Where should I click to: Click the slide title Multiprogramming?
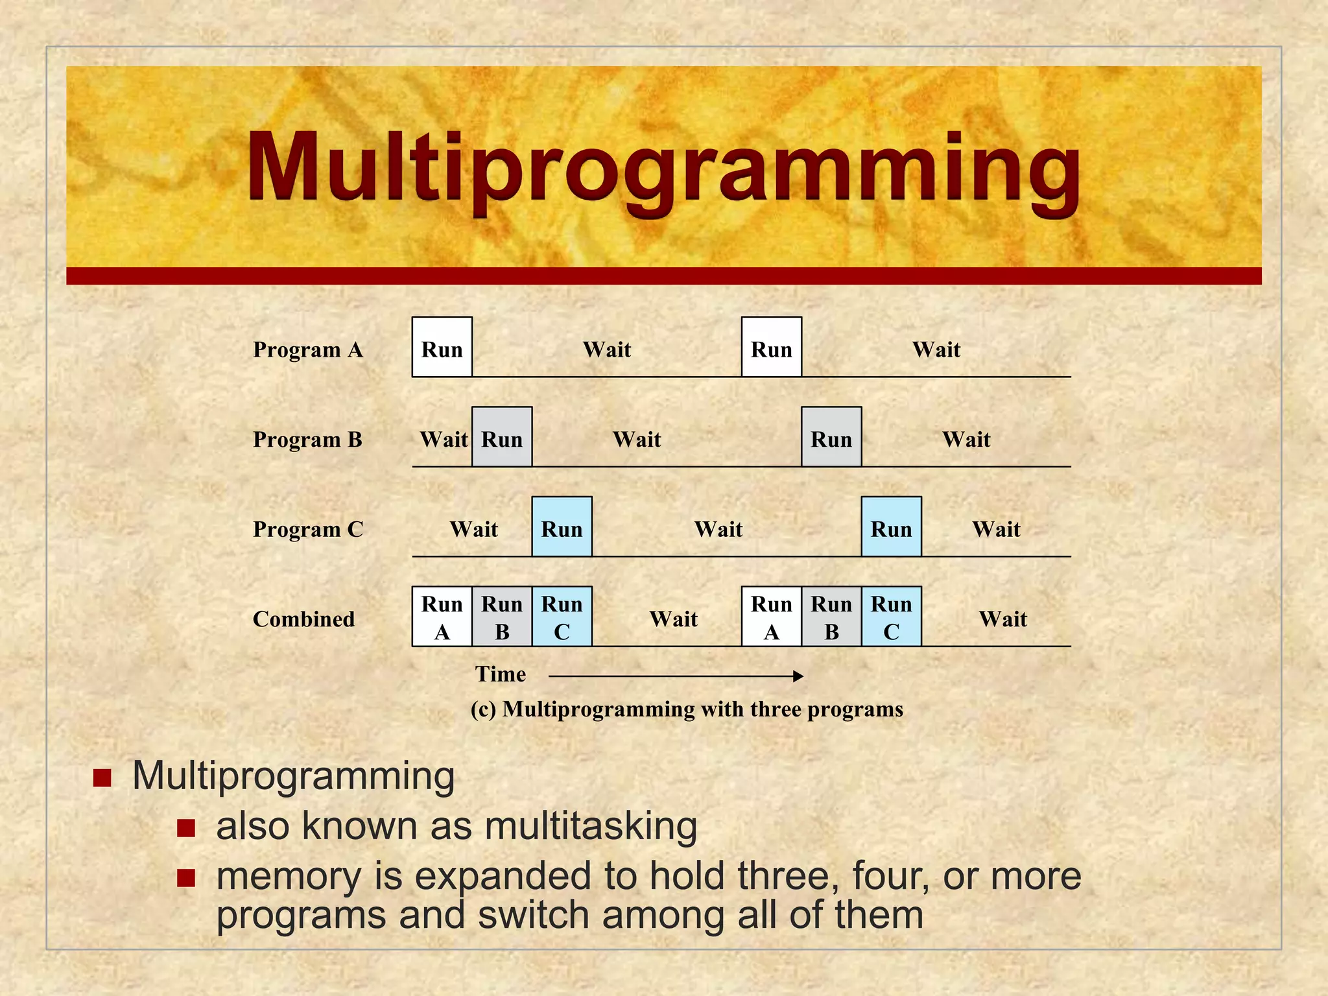point(663,170)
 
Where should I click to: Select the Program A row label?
point(307,350)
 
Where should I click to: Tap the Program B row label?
point(307,440)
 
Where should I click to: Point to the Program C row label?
point(307,530)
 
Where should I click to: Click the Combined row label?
point(303,619)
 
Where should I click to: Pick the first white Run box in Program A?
point(442,348)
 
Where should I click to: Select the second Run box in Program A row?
point(772,348)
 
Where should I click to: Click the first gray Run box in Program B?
point(502,437)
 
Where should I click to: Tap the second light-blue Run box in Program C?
point(891,527)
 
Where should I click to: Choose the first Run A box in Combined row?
point(442,617)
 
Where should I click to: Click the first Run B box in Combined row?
point(502,617)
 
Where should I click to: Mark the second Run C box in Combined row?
point(891,617)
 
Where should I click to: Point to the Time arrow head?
point(799,676)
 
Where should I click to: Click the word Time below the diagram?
point(500,674)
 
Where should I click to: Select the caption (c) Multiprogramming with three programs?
point(687,709)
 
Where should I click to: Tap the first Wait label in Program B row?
point(444,440)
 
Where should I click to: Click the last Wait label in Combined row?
point(1002,619)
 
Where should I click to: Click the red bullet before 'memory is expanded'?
point(186,878)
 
